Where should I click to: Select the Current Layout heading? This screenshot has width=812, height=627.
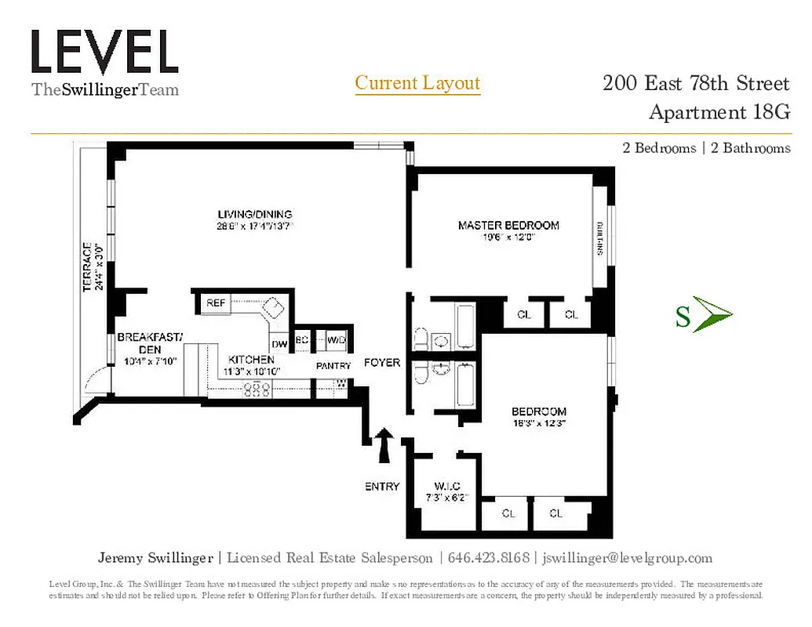coord(417,83)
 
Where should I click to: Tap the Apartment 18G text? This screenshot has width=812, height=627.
coord(719,112)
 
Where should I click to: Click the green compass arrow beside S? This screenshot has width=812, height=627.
coord(713,315)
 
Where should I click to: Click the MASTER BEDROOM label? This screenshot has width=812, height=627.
coord(508,226)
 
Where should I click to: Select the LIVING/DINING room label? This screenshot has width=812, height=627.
coord(255,214)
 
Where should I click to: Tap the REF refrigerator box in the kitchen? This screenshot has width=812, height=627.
coord(216,303)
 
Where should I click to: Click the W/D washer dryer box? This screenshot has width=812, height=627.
coord(337,340)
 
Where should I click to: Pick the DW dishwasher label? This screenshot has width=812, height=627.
coord(279,343)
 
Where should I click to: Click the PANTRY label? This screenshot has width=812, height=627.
coord(332,366)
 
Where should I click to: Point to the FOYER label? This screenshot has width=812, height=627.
coord(382,363)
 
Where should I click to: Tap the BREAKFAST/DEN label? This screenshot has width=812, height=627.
coord(149,343)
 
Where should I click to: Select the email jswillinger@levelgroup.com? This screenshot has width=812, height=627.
coord(627,558)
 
